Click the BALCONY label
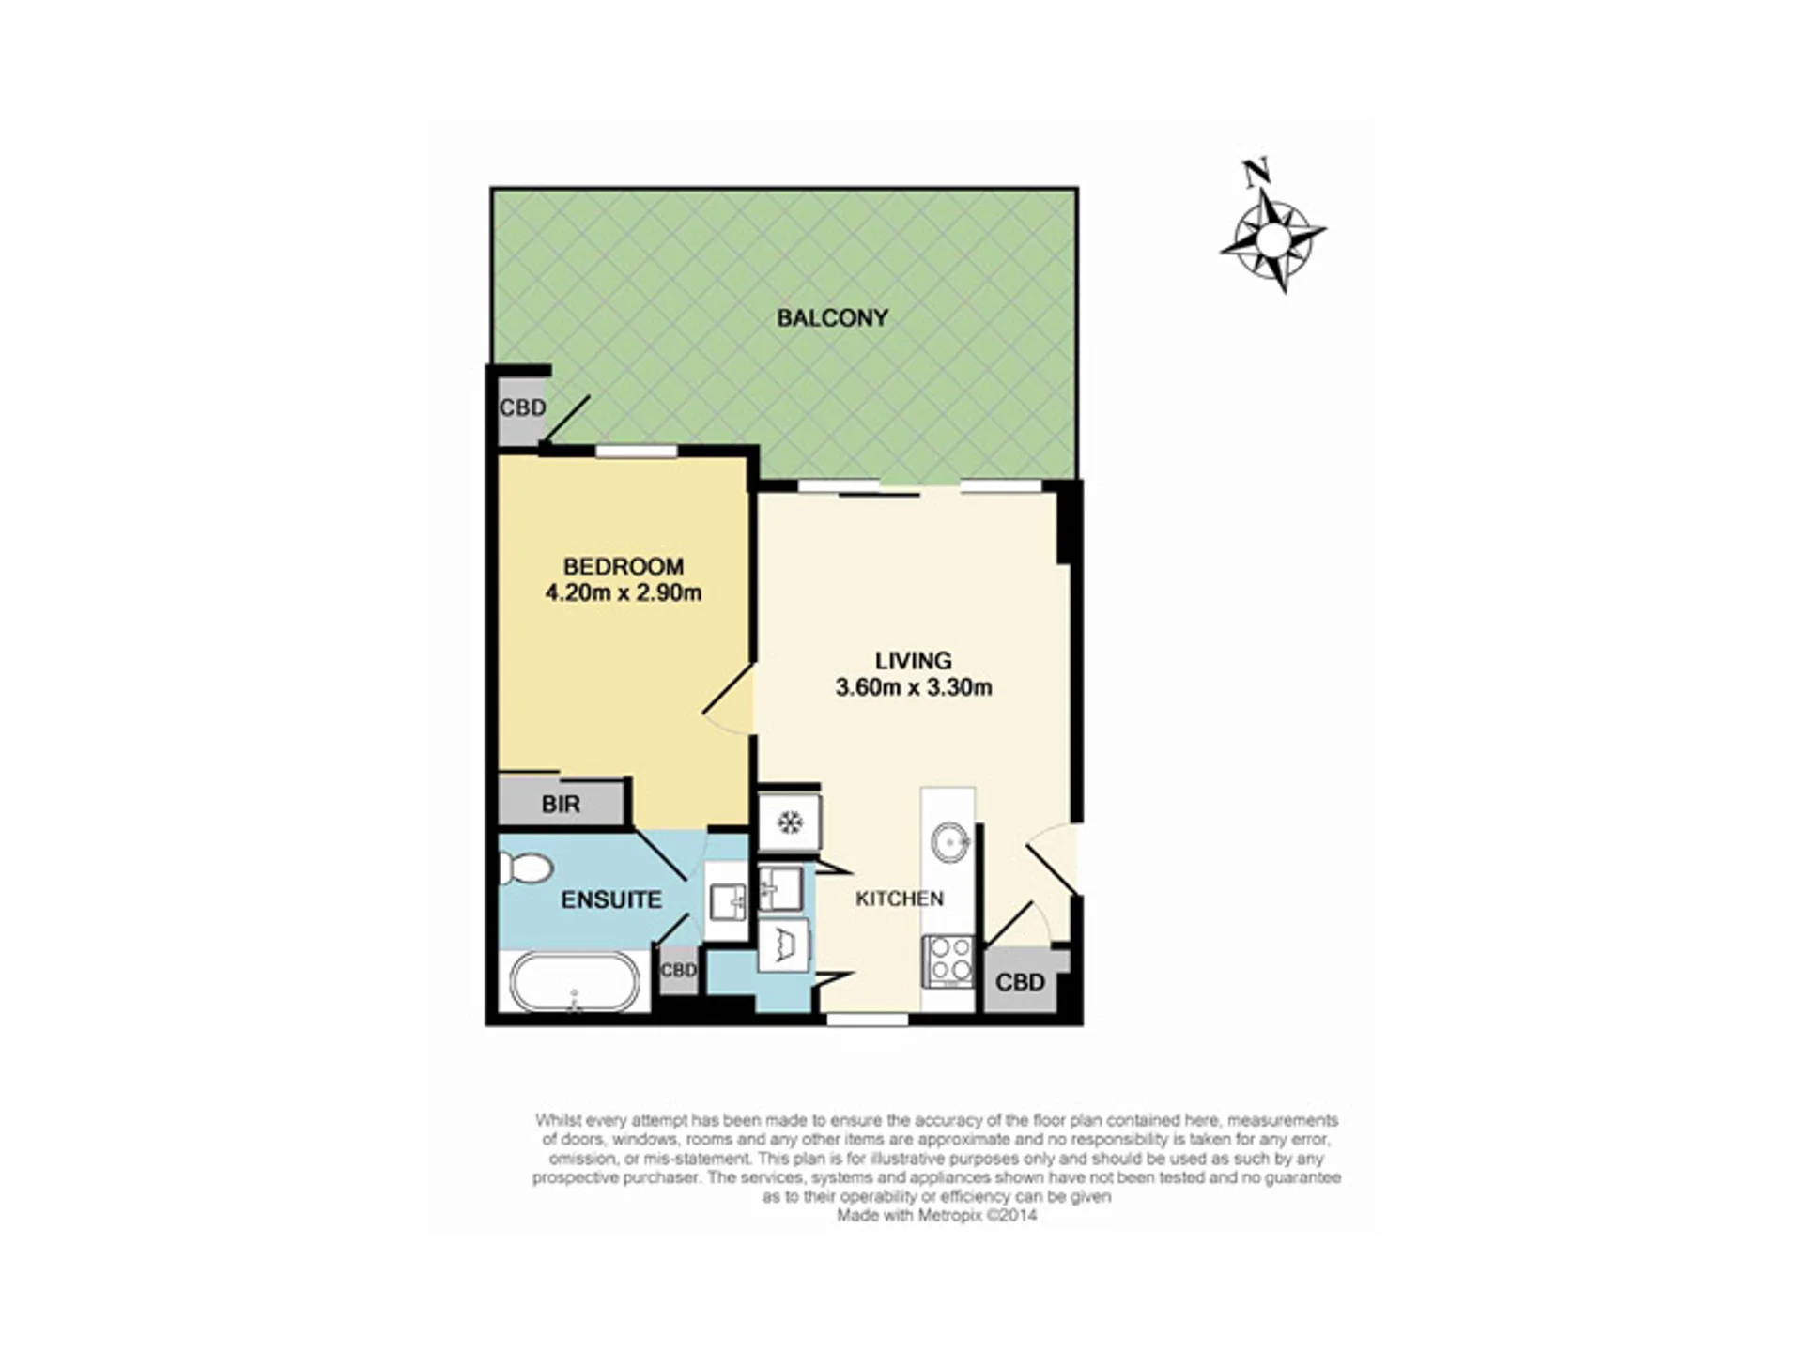[832, 318]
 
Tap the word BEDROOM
[624, 566]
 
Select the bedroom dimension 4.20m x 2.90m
[624, 592]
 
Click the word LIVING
[913, 660]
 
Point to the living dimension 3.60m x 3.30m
[914, 687]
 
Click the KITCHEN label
[900, 899]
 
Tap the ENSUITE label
[611, 899]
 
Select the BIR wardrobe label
[561, 805]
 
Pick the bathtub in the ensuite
[575, 982]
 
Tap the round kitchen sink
[950, 841]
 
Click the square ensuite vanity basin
[727, 902]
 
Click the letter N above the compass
[1256, 172]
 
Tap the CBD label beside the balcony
[522, 407]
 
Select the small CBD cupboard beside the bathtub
[678, 970]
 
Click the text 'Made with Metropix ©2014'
[937, 1215]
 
